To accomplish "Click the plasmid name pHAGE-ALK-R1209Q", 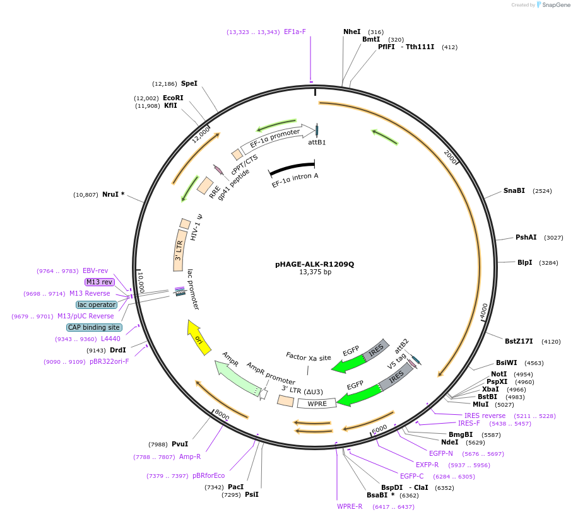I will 314,264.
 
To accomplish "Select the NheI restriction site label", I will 351,32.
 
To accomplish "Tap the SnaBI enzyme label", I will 514,190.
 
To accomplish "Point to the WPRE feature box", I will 317,404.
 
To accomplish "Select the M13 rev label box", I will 99,282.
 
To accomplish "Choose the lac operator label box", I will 97,305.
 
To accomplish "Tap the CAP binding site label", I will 93,327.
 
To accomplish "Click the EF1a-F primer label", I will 295,32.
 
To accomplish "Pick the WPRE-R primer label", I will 350,506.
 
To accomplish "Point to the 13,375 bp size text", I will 315,272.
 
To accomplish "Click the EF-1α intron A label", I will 295,180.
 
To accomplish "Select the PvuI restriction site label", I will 180,444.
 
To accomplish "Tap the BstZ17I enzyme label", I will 519,341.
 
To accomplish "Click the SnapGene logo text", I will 556,5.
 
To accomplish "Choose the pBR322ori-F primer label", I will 109,361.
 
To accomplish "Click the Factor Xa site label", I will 308,357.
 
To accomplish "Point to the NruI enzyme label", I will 113,194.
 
